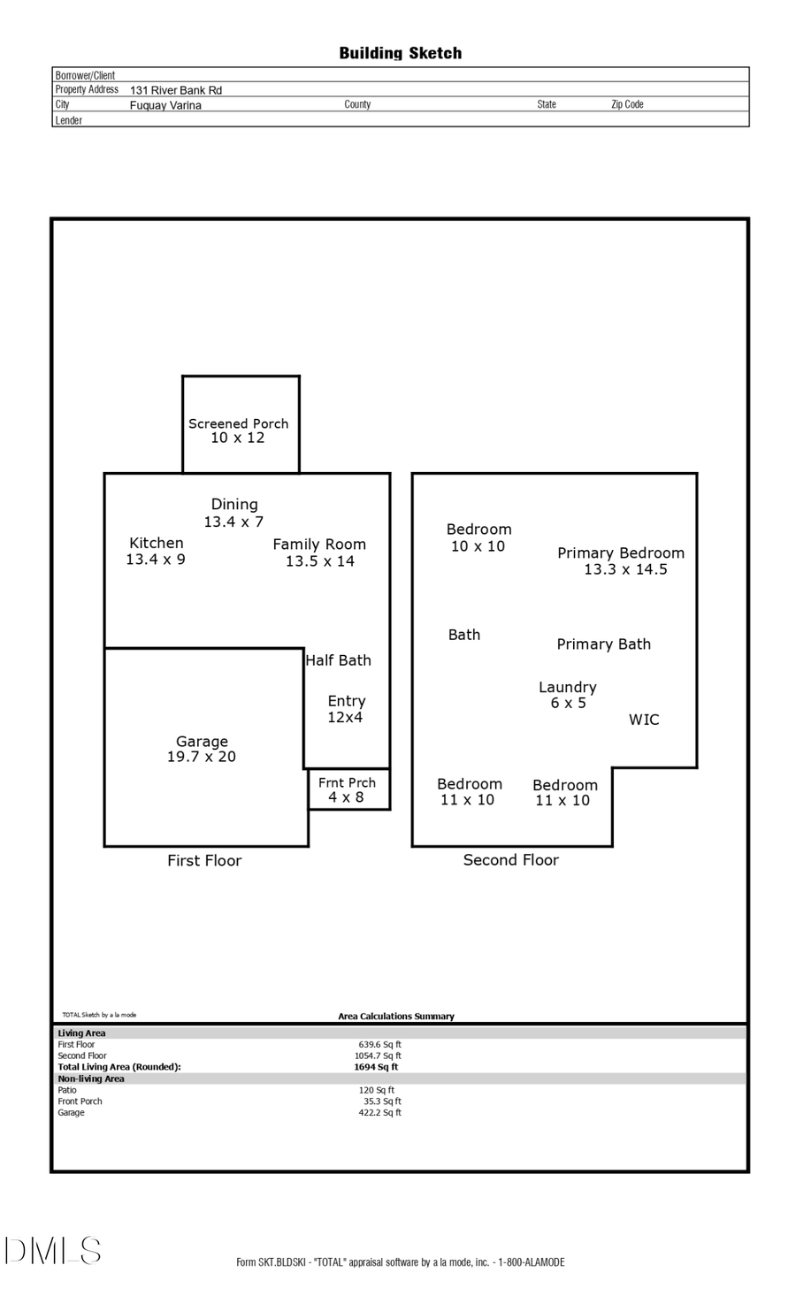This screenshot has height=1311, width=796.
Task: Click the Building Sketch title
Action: pos(400,53)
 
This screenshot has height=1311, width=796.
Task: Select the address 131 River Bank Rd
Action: pos(176,90)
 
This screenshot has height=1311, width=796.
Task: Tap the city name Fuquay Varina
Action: pos(165,105)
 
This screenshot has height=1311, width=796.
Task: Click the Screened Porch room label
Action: pos(238,424)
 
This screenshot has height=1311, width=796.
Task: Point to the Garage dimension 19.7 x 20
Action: pos(202,758)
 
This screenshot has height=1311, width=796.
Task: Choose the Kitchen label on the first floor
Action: pos(157,544)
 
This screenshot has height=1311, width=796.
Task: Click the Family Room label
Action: pos(319,545)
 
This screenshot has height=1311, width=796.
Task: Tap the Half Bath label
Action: pos(338,660)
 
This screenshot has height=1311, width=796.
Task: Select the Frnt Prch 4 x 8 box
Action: pos(347,789)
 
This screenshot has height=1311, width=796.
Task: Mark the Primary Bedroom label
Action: pos(621,553)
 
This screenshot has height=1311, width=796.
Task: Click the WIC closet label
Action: pos(644,720)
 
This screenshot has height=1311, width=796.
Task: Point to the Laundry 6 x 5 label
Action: pos(568,695)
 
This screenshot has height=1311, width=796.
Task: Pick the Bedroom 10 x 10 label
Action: pos(478,537)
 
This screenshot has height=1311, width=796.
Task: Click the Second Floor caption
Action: pos(511,860)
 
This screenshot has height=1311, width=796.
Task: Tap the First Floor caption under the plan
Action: pos(204,861)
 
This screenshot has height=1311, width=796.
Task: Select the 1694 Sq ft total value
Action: pos(376,1067)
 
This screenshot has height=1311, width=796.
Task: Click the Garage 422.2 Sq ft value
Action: pos(379,1113)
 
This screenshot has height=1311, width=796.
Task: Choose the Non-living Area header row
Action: pos(91,1079)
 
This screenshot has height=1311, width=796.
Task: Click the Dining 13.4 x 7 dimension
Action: pos(233,522)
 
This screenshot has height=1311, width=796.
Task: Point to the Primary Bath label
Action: pos(603,644)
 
